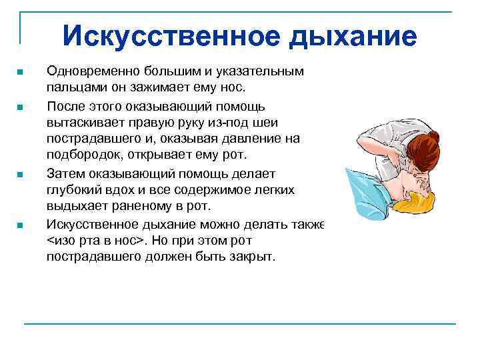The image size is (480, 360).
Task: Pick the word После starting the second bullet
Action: (x=64, y=105)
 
